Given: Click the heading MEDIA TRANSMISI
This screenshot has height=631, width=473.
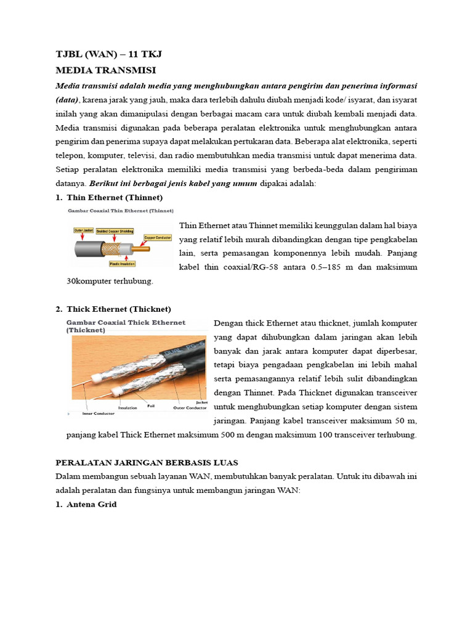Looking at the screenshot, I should (105, 70).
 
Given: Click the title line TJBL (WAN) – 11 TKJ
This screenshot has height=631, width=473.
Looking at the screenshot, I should (108, 55).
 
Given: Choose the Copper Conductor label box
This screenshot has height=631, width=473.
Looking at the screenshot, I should (158, 237).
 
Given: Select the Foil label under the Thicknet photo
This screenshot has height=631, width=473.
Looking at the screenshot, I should (151, 406).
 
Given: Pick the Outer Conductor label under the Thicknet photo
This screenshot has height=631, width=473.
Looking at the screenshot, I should (190, 407).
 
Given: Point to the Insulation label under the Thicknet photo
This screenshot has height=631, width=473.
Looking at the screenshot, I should (127, 407).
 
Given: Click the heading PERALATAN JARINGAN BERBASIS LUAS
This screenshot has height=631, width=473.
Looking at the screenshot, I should (147, 462).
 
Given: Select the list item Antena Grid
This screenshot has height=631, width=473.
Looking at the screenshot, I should (91, 504).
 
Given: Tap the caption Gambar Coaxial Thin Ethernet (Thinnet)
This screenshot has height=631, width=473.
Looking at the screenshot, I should (120, 210).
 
